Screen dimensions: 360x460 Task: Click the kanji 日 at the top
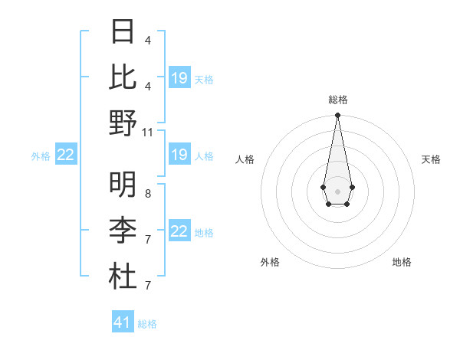[123, 32]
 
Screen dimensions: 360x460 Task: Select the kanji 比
[123, 77]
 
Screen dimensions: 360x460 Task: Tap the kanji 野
[123, 123]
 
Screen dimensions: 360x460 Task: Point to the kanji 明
[123, 184]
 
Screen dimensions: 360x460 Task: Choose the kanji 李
[123, 230]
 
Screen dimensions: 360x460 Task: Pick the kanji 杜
[123, 276]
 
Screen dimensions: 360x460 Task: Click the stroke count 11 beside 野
[148, 132]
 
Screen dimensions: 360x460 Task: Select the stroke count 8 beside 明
[148, 194]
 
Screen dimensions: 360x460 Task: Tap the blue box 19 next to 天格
[179, 78]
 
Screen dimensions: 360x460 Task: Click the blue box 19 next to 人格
[179, 155]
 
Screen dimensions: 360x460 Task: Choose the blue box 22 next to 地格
[179, 231]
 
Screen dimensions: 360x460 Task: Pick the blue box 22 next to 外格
[66, 155]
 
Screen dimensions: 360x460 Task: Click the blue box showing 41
[123, 322]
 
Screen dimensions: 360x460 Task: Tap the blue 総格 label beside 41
[147, 324]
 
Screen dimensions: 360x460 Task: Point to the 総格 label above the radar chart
[337, 100]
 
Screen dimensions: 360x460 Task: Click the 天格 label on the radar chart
[431, 159]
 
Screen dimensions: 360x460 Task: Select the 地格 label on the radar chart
[402, 262]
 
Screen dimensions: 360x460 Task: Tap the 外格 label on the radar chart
[270, 262]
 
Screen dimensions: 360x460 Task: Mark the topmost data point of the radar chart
[337, 116]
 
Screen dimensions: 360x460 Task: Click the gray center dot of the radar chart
[337, 191]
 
